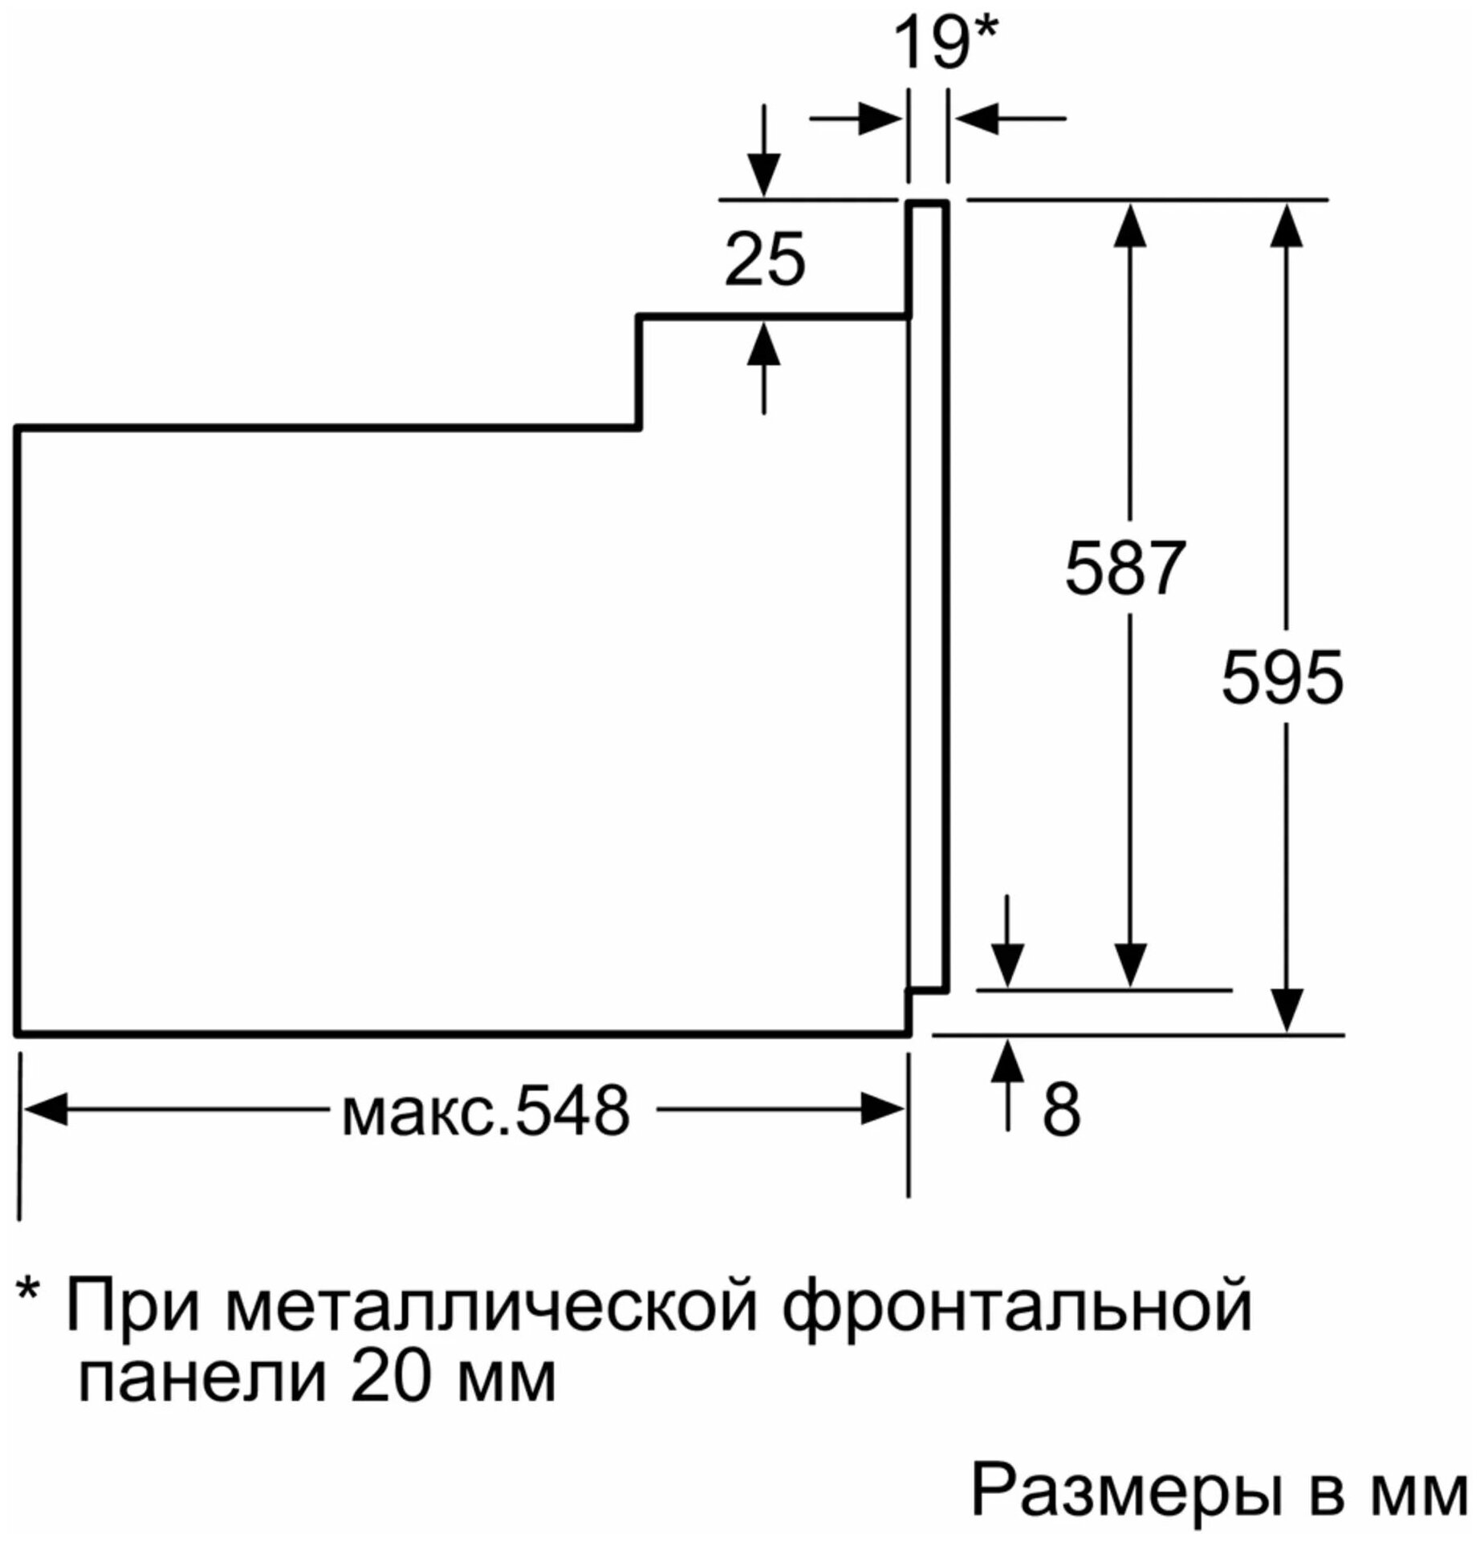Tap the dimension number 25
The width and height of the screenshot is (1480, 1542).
tap(764, 260)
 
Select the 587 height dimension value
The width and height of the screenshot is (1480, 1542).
tap(1124, 569)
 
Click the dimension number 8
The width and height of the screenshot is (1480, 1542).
tap(1061, 1110)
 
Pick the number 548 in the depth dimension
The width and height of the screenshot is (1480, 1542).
tap(572, 1111)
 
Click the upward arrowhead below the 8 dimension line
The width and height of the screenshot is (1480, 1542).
tap(1008, 1058)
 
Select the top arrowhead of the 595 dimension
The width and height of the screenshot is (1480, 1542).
tap(1287, 224)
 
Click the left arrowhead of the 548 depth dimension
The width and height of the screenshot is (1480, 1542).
tap(46, 1110)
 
